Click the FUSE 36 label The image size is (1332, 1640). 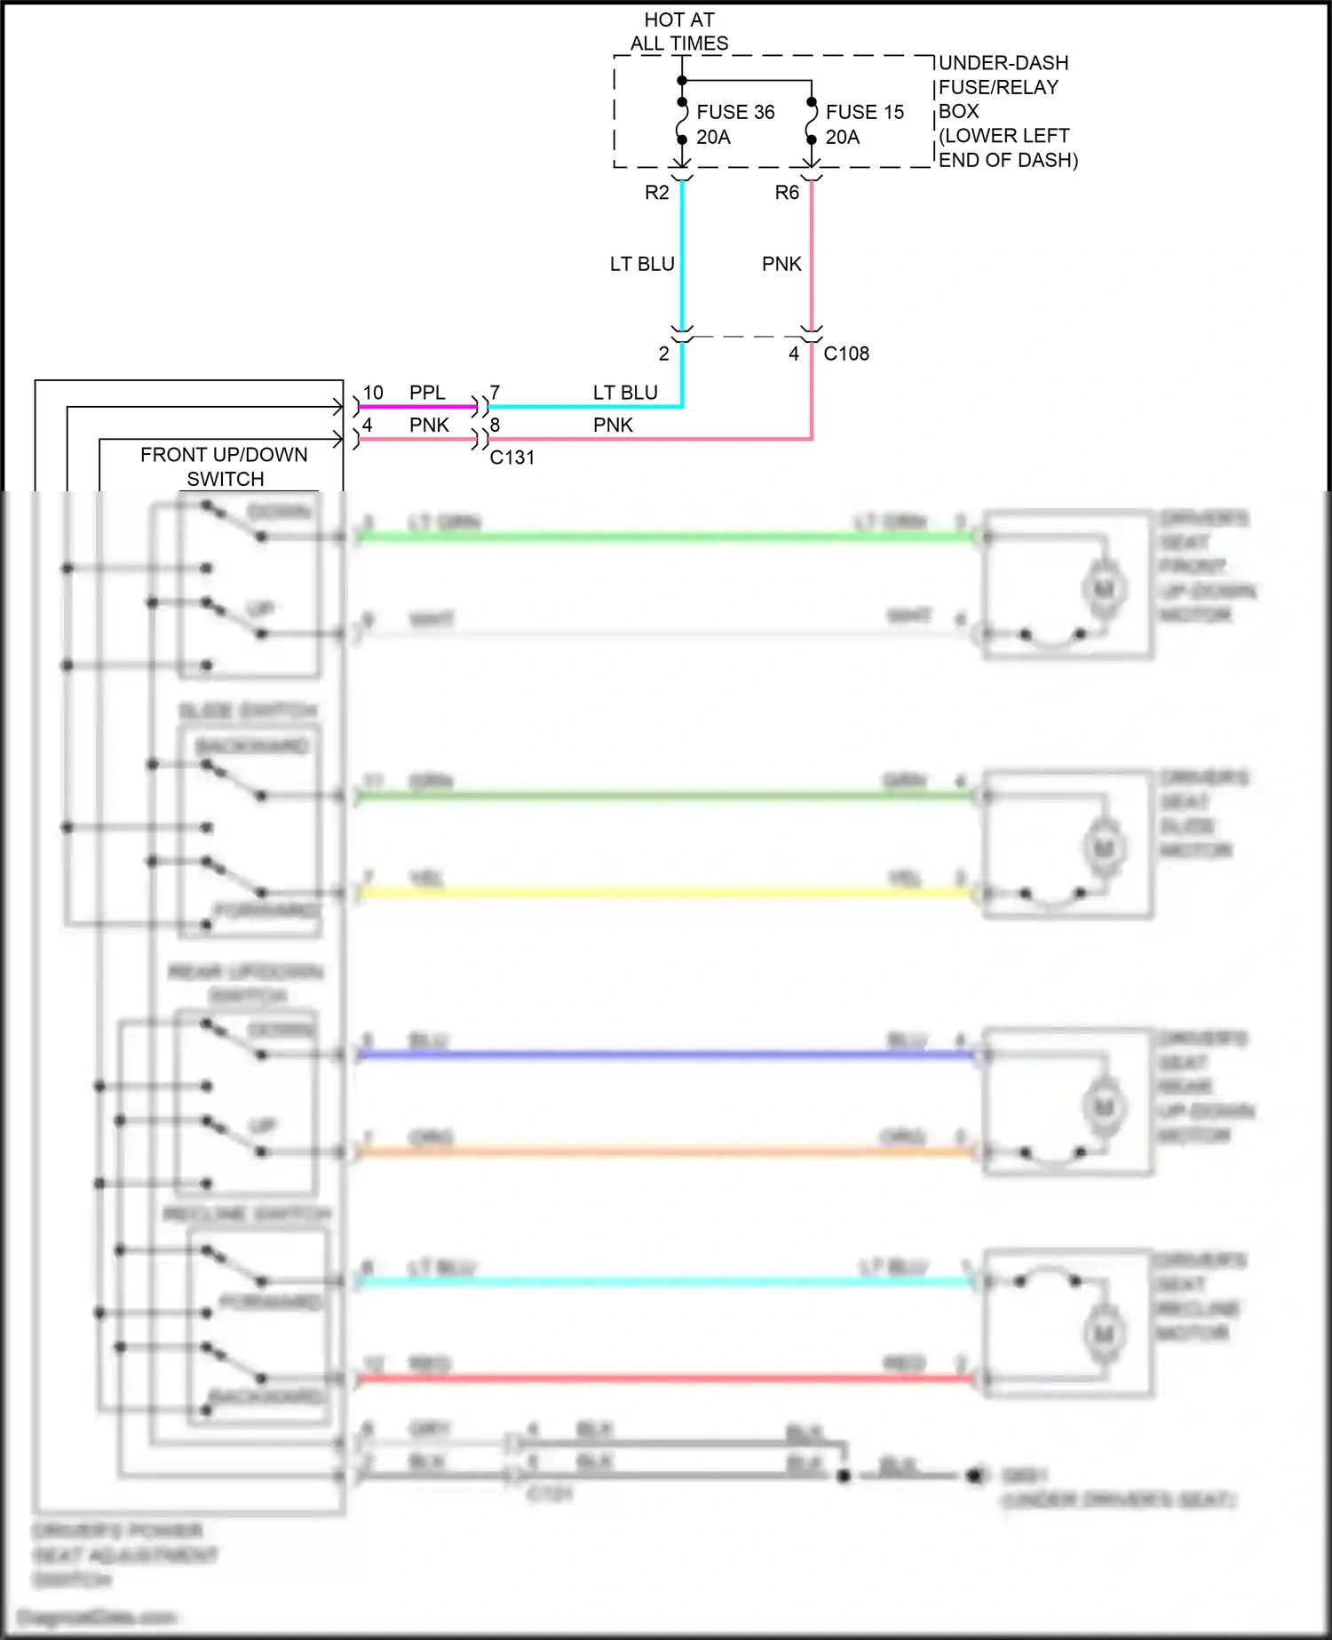pyautogui.click(x=734, y=112)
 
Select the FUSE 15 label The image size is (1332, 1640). pyautogui.click(x=864, y=112)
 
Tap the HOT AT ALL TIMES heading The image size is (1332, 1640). pyautogui.click(x=679, y=31)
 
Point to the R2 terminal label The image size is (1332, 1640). pyautogui.click(x=656, y=193)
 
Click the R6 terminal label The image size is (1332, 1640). pyautogui.click(x=787, y=193)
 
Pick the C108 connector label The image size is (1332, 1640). pyautogui.click(x=846, y=354)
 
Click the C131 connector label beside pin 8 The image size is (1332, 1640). pyautogui.click(x=512, y=458)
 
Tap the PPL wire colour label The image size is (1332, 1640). pyautogui.click(x=427, y=393)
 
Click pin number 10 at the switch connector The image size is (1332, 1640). pyautogui.click(x=373, y=393)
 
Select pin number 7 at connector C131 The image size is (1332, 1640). pyautogui.click(x=495, y=393)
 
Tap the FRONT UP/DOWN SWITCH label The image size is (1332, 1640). pyautogui.click(x=225, y=466)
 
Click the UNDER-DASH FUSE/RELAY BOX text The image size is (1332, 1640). pyautogui.click(x=1003, y=111)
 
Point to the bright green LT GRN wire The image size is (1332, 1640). pyautogui.click(x=666, y=537)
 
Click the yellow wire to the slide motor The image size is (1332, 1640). pyautogui.click(x=666, y=892)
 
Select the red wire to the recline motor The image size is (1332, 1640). pyautogui.click(x=666, y=1378)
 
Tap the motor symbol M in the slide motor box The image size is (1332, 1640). pyautogui.click(x=1104, y=848)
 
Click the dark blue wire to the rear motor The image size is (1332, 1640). pyautogui.click(x=666, y=1055)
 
